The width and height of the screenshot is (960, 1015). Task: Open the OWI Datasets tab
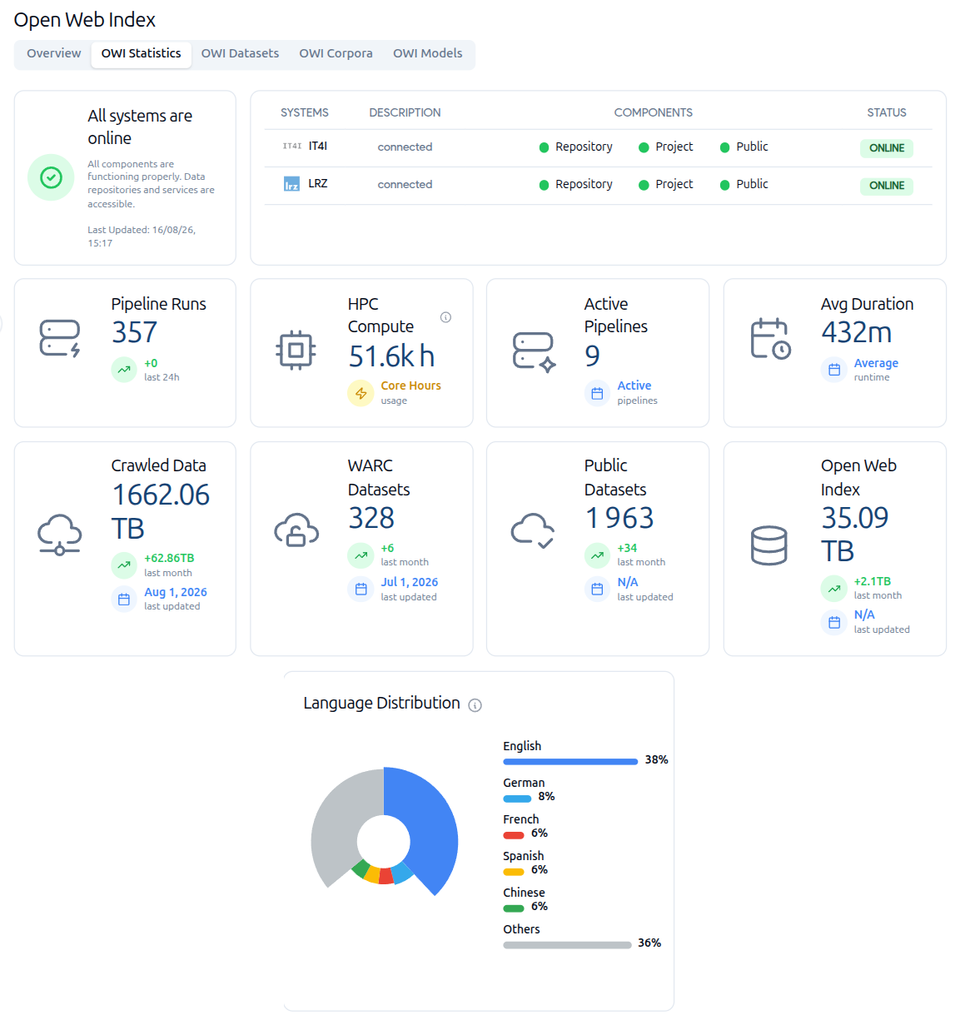(x=240, y=53)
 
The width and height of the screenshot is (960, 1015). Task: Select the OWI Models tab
(x=427, y=53)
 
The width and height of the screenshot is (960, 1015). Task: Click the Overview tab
(x=54, y=53)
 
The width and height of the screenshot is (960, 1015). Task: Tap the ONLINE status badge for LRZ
(x=886, y=186)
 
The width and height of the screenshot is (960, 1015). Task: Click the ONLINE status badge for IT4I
(x=886, y=147)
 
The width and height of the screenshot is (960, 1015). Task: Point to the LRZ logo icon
(x=291, y=184)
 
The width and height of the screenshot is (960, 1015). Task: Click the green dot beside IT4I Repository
(x=543, y=147)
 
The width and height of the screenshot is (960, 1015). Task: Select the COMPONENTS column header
(x=653, y=112)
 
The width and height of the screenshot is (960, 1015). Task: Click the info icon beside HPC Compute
(x=445, y=317)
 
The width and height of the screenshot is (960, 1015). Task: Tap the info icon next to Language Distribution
(x=475, y=704)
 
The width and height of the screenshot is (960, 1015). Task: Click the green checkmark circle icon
(x=51, y=177)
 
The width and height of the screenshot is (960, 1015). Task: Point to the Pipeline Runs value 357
(x=134, y=332)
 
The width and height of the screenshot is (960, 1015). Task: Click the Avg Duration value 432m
(x=856, y=332)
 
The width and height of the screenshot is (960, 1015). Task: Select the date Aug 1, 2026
(x=176, y=592)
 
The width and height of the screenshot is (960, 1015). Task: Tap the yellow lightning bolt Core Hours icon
(x=361, y=393)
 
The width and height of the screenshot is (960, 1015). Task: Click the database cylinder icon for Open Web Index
(x=768, y=545)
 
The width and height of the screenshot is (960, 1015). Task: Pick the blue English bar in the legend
(x=570, y=762)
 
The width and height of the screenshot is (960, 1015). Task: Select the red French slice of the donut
(x=385, y=876)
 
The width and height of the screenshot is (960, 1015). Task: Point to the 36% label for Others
(x=649, y=943)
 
